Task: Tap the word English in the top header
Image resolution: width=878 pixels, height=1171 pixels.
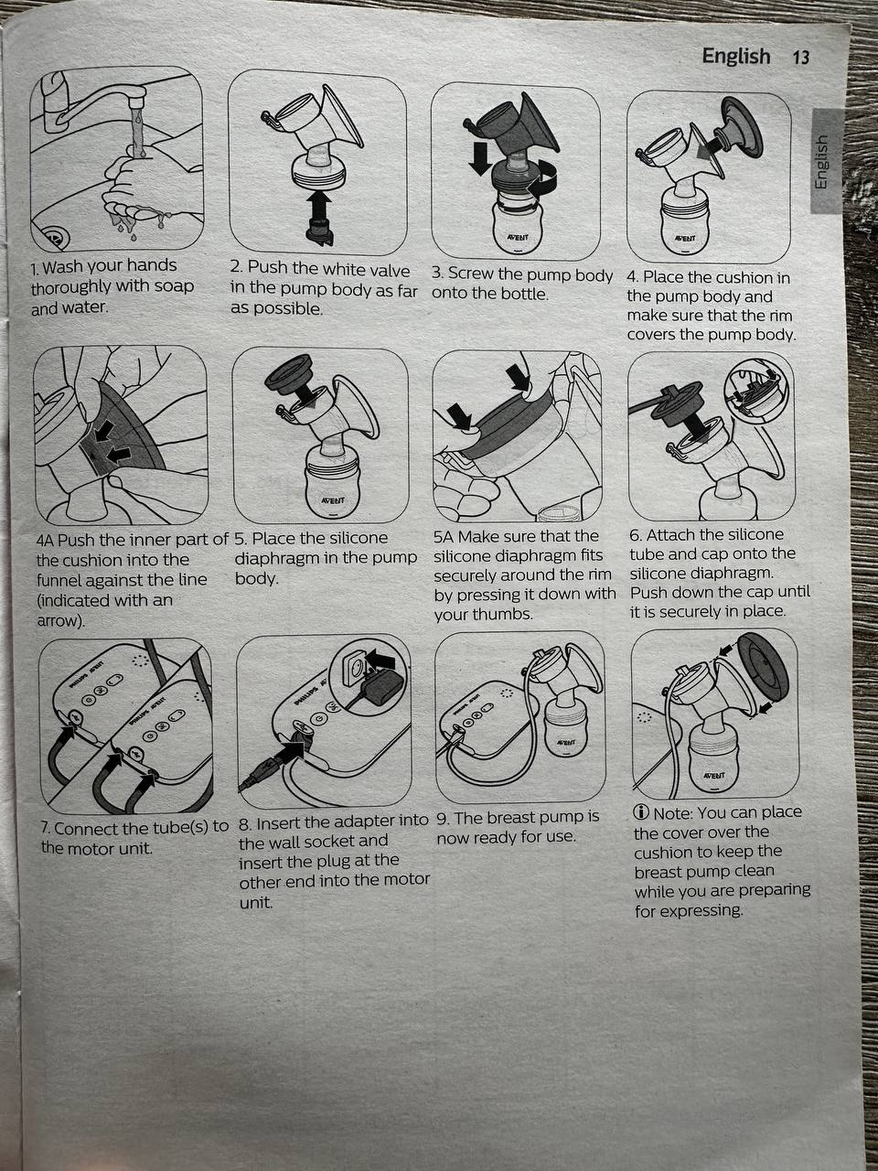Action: (x=736, y=56)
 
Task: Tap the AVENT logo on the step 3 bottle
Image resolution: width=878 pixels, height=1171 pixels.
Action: (x=517, y=236)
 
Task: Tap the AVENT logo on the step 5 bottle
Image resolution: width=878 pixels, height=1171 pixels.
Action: (x=333, y=501)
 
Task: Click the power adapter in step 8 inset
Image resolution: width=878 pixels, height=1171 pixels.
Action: (x=379, y=687)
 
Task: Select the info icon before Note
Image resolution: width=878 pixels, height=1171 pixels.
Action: (x=641, y=813)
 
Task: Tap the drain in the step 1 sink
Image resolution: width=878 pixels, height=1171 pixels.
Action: (x=52, y=237)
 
